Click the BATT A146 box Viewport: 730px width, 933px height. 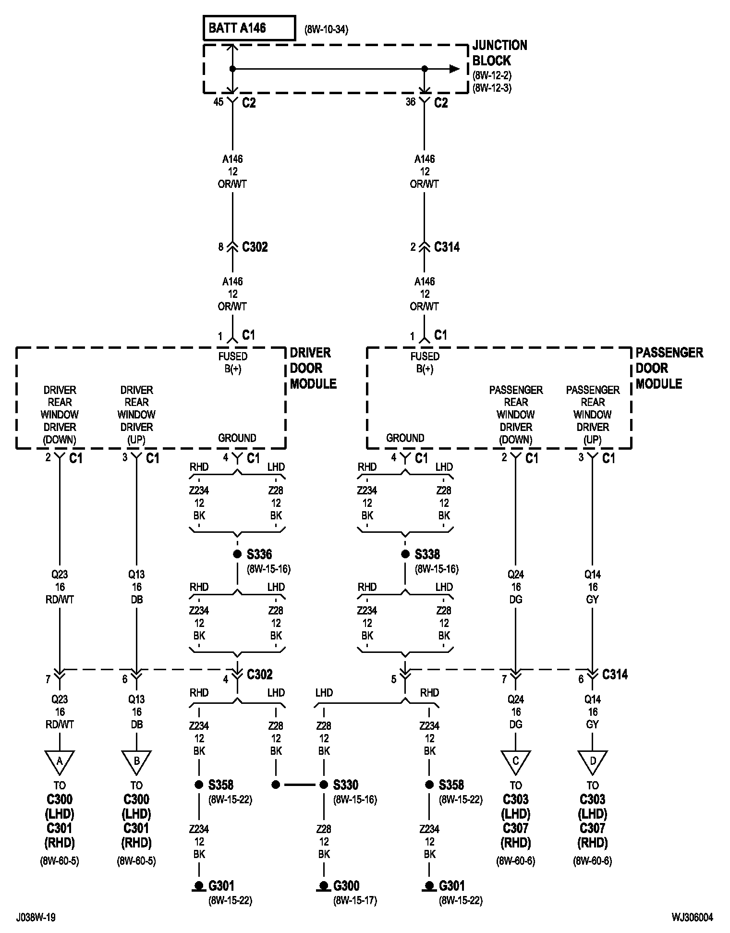point(249,28)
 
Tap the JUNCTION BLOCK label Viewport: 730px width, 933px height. point(499,53)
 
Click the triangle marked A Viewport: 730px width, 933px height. point(60,762)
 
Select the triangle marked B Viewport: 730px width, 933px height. point(136,762)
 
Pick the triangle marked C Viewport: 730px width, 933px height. point(516,762)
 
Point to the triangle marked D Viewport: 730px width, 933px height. point(593,762)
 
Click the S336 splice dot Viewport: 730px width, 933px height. point(237,554)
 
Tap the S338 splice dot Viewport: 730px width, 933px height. point(405,554)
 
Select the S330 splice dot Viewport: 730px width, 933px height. point(324,785)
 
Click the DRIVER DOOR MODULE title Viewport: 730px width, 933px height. point(313,368)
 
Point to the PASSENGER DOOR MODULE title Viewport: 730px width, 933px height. point(669,368)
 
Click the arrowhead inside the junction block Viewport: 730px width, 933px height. point(454,69)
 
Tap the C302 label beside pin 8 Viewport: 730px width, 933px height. point(255,247)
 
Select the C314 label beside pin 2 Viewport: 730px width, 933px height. point(447,247)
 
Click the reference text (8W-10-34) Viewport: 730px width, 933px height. point(326,29)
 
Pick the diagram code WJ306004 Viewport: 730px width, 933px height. point(692,918)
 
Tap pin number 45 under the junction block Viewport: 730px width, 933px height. point(218,102)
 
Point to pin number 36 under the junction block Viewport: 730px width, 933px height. point(410,102)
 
